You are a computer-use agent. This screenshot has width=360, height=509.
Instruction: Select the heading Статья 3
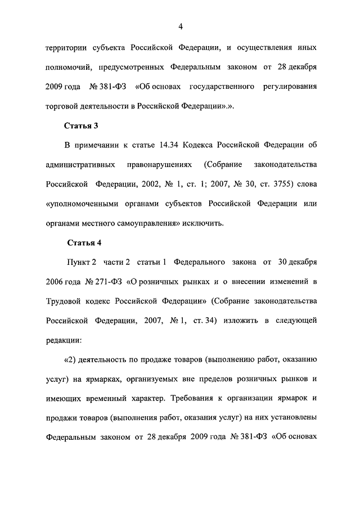(x=83, y=125)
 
